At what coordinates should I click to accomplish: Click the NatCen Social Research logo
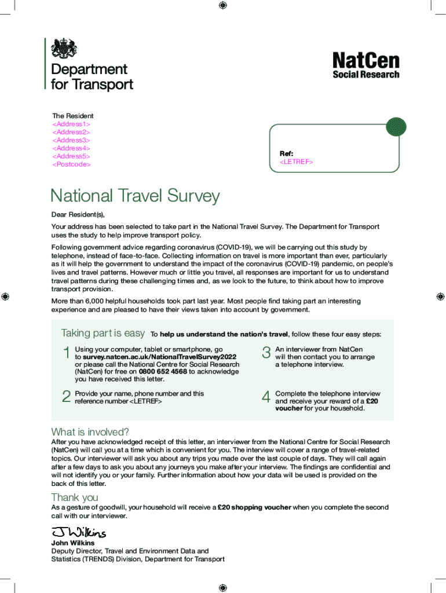click(x=365, y=65)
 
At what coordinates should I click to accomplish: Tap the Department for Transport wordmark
click(x=92, y=77)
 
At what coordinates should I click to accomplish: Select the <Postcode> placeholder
click(x=72, y=164)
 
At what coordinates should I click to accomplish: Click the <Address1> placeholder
click(x=71, y=124)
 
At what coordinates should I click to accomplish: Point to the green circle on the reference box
click(x=396, y=127)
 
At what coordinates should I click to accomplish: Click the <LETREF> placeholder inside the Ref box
click(x=296, y=162)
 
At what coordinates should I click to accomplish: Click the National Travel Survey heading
click(x=135, y=196)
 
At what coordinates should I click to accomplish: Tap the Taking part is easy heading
click(x=103, y=333)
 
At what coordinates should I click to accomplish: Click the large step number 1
click(x=66, y=353)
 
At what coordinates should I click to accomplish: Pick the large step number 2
click(x=66, y=397)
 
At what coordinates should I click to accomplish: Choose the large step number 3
click(x=266, y=353)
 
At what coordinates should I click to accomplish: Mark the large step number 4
click(x=266, y=397)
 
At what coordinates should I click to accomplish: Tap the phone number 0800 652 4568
click(x=163, y=372)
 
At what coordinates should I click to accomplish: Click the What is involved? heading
click(x=90, y=432)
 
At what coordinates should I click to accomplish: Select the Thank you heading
click(x=75, y=497)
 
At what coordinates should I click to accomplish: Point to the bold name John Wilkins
click(x=73, y=543)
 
